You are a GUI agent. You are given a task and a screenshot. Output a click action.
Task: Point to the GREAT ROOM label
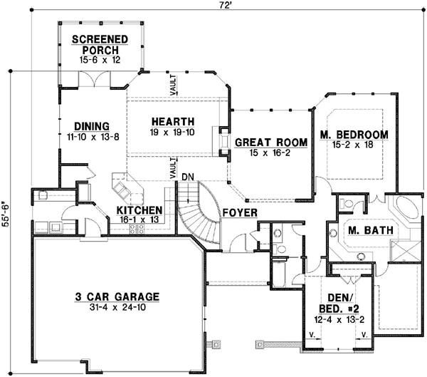pyautogui.click(x=271, y=143)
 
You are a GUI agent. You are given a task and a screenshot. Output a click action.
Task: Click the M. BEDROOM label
pyautogui.click(x=354, y=135)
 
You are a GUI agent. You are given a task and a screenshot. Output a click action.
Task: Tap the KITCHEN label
pyautogui.click(x=139, y=211)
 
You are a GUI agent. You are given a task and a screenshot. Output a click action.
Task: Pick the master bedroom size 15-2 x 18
pyautogui.click(x=354, y=146)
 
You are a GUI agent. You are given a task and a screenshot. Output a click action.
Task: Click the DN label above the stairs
pyautogui.click(x=188, y=176)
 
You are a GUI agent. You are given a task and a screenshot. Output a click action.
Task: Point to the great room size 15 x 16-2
pyautogui.click(x=271, y=153)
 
